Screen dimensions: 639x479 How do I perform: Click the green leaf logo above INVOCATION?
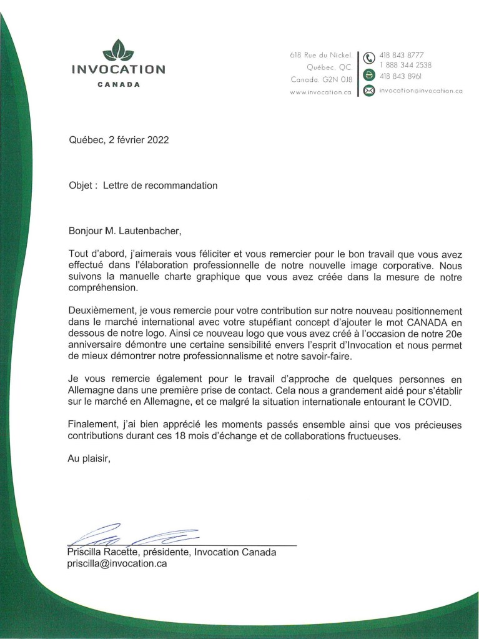[x=118, y=49]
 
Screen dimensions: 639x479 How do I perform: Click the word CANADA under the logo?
[x=119, y=84]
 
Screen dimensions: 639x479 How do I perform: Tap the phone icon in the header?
[x=369, y=59]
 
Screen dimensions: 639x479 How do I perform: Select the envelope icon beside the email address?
[x=369, y=91]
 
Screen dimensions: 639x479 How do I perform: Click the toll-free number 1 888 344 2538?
[x=405, y=65]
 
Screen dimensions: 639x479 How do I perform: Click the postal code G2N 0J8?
[x=338, y=79]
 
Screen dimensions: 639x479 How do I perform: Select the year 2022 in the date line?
[x=157, y=140]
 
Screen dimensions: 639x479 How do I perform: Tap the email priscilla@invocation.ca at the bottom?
[x=117, y=563]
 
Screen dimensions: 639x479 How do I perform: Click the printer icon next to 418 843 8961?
[x=369, y=75]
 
